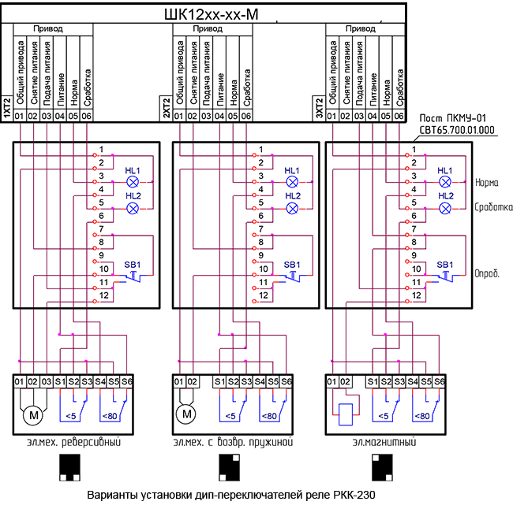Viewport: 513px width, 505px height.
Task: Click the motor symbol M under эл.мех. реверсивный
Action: (33, 414)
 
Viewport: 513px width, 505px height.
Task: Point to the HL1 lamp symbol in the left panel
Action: (133, 181)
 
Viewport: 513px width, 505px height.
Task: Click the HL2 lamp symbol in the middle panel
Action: (292, 208)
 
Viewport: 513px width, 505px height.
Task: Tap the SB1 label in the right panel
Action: (445, 264)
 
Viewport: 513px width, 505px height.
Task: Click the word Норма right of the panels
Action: (488, 182)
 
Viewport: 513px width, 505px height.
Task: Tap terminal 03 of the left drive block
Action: (47, 381)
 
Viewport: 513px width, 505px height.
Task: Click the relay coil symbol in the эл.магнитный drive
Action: (345, 414)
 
